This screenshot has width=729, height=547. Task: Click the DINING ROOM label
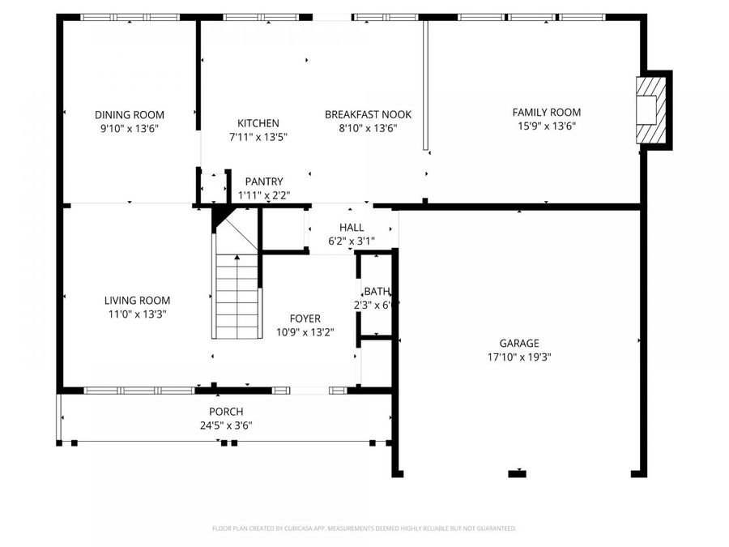coord(130,114)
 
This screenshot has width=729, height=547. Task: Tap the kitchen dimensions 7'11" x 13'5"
coord(258,136)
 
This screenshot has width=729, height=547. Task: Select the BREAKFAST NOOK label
coord(368,114)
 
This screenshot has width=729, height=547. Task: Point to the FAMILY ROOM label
coord(546,113)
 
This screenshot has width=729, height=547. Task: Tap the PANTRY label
coord(264,182)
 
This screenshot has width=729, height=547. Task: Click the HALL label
coord(352,228)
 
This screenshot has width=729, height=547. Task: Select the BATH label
coord(377,292)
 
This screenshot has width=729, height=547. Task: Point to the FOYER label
coord(305,318)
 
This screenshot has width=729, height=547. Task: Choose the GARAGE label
coord(518,343)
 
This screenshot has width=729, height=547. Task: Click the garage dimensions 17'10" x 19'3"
coord(518,357)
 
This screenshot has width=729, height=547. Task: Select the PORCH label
coord(226,412)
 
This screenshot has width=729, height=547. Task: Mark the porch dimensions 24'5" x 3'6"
coord(226,425)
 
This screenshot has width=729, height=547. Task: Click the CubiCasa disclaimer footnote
coord(364,528)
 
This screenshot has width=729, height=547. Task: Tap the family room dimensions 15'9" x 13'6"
coord(546,126)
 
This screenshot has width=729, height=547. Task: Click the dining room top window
coord(130,17)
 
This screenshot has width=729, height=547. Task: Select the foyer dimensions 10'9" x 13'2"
coord(305,331)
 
